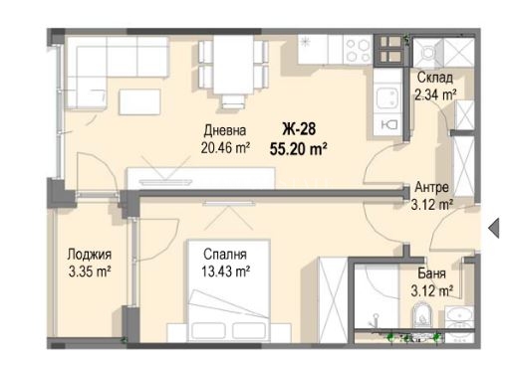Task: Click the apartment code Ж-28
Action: coord(299,129)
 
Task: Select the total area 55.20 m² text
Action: coord(299,149)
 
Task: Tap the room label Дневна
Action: coord(225,130)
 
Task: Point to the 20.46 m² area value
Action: coord(225,147)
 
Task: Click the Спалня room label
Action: coord(225,255)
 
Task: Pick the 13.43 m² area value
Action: coord(225,272)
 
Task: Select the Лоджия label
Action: coord(90,255)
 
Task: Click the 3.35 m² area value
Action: coord(90,272)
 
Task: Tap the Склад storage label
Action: coord(434,78)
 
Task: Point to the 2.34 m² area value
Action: coord(435,94)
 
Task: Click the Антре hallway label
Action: coord(431,188)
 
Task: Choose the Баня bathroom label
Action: coord(431,274)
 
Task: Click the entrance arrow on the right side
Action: coord(494,228)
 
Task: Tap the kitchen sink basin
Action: coord(386,98)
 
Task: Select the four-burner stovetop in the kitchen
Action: coord(358,50)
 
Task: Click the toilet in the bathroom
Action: coord(422,315)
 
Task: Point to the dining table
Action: coord(233,65)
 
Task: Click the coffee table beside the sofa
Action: coord(139,101)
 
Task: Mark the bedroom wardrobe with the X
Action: coord(333,299)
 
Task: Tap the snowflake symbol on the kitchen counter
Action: coord(305,43)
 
